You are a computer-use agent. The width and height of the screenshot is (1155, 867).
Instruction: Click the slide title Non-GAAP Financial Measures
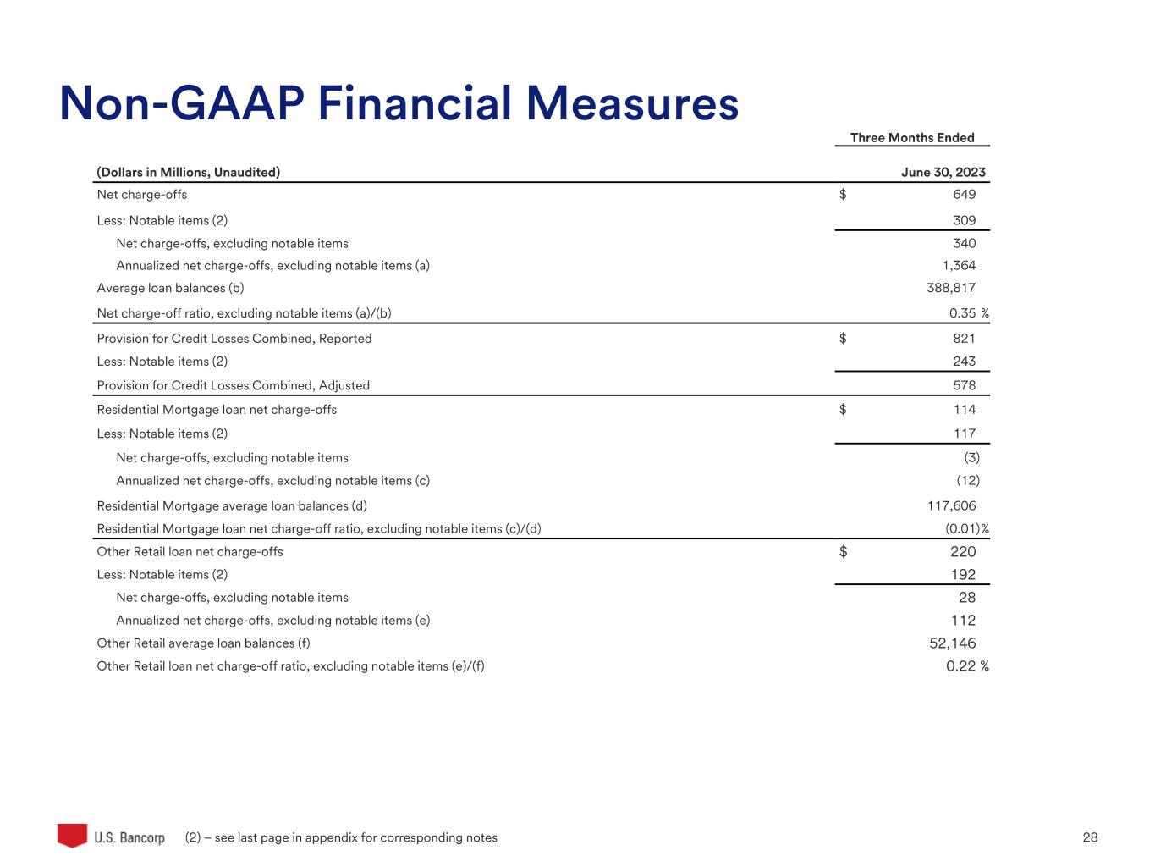tap(399, 104)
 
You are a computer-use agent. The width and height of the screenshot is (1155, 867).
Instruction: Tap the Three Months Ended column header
tap(912, 138)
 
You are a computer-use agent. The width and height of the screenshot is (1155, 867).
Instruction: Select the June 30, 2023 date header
tap(943, 173)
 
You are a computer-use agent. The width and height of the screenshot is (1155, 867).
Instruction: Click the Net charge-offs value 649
tap(964, 195)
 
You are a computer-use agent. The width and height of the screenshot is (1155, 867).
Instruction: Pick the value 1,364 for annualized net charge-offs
tap(959, 266)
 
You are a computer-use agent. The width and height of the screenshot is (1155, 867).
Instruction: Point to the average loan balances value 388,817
tap(951, 289)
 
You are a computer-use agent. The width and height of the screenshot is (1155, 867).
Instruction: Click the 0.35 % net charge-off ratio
tap(968, 314)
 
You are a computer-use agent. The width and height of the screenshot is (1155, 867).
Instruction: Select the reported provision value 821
tap(964, 339)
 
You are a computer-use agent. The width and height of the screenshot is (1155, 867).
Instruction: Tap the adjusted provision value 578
tap(964, 386)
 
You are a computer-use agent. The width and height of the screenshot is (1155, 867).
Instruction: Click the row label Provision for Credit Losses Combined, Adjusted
tap(234, 386)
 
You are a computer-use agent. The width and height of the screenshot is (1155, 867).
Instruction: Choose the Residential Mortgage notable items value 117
tap(964, 434)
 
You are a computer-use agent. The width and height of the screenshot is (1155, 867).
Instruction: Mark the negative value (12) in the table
tap(968, 481)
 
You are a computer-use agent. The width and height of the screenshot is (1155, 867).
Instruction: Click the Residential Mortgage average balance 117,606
tap(951, 506)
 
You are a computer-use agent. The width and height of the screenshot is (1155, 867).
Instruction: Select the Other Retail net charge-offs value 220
tap(963, 552)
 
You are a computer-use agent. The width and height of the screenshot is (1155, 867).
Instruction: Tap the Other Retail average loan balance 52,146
tap(952, 643)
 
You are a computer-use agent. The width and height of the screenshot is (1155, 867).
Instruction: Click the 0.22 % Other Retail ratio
tap(967, 666)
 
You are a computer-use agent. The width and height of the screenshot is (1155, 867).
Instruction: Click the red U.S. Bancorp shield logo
tap(73, 835)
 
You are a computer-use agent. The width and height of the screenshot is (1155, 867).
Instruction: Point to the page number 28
tap(1090, 838)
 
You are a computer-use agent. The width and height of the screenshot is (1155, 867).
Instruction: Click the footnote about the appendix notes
tap(341, 838)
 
